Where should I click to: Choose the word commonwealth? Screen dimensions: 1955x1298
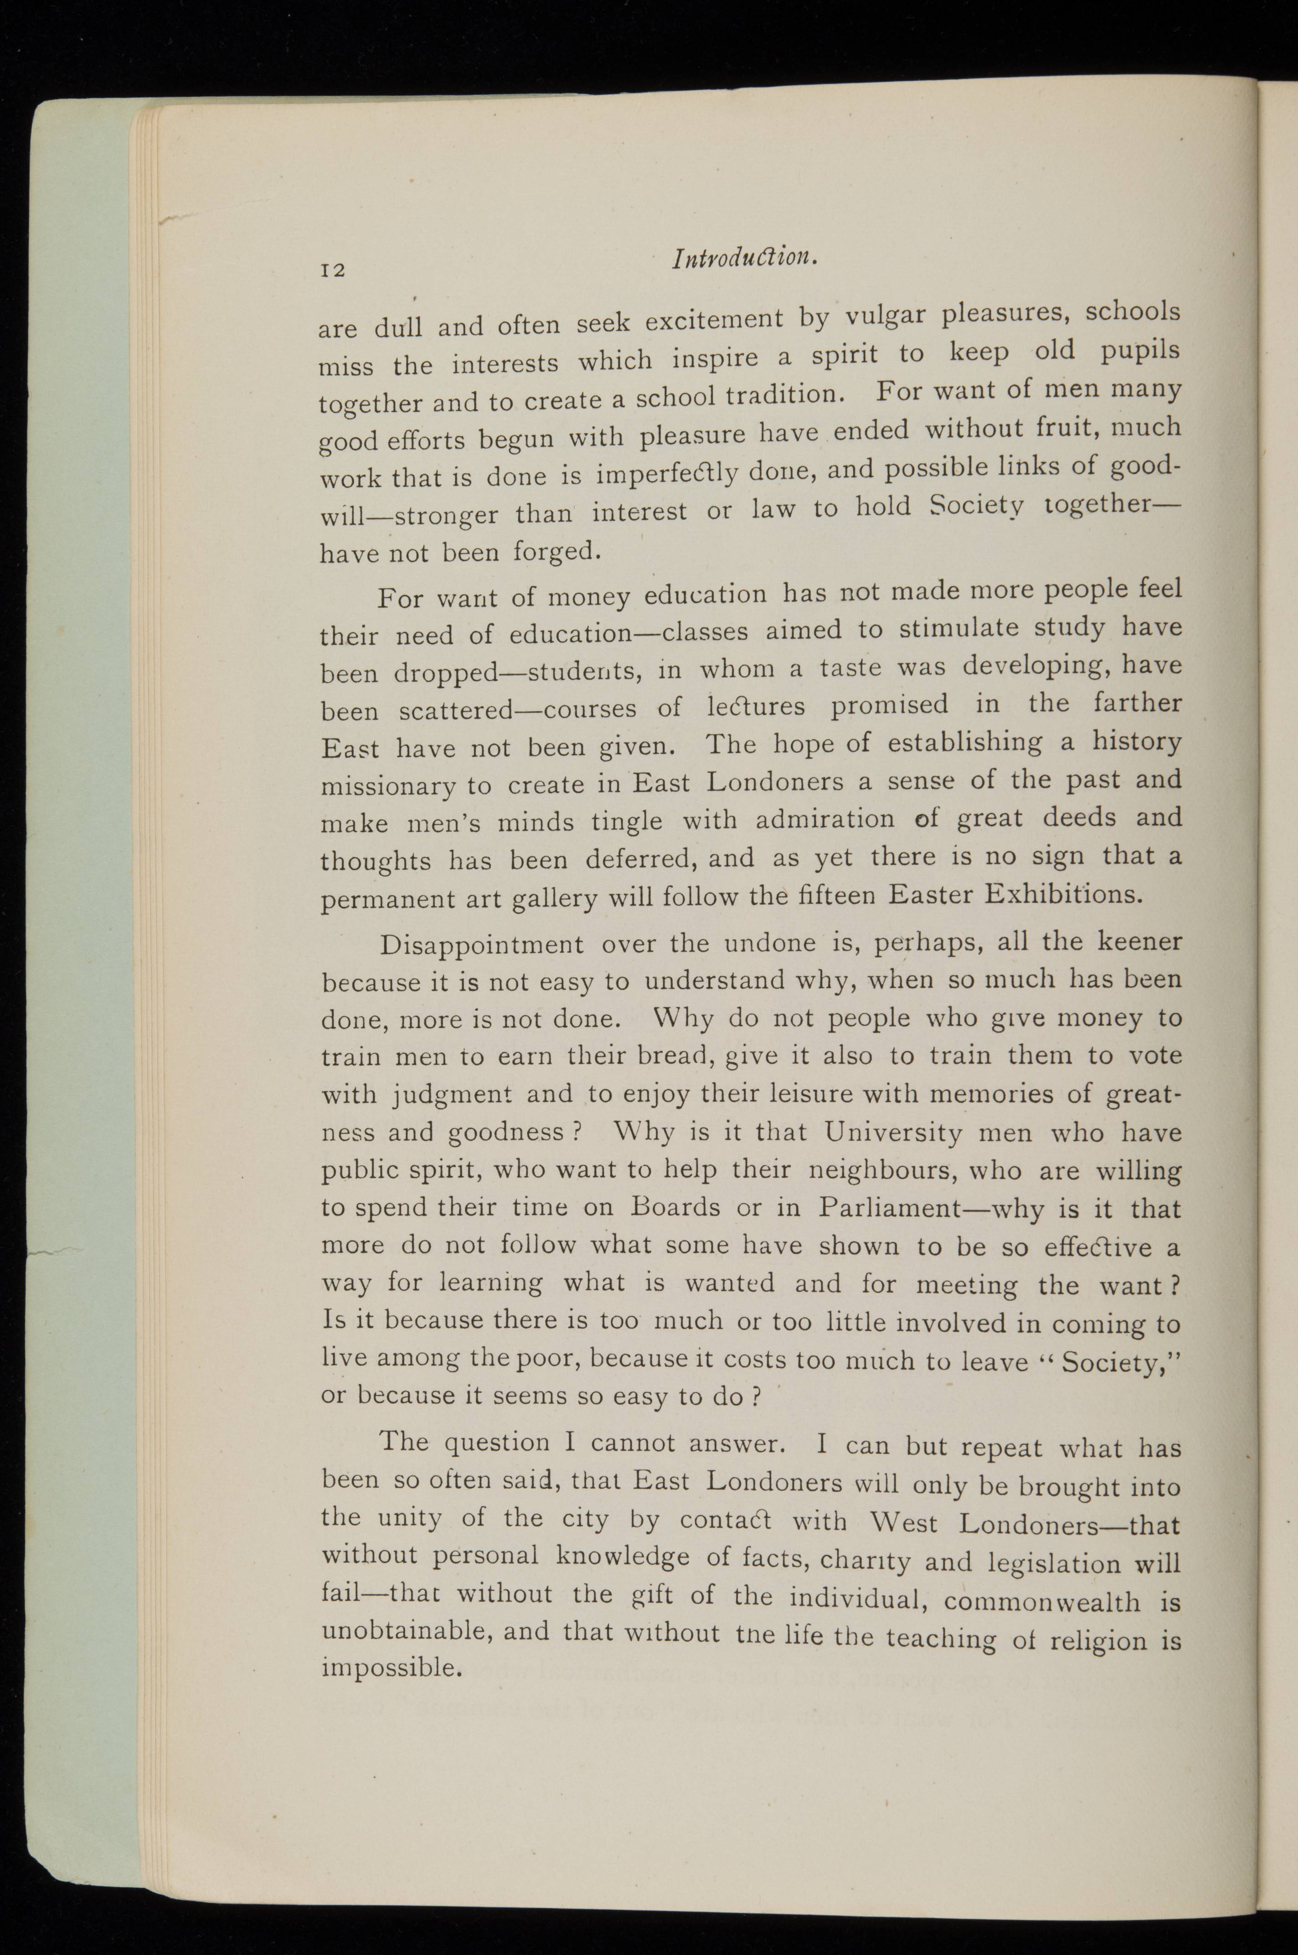tap(1041, 1601)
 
